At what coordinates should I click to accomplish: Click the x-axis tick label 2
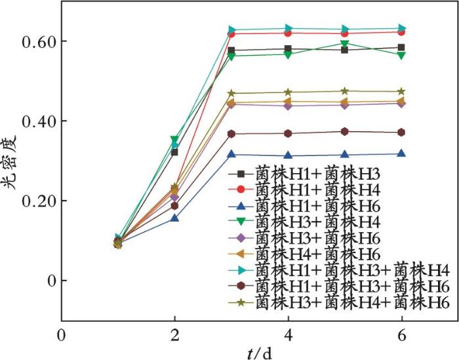coord(174,334)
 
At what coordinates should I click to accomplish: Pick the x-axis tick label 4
coord(288,334)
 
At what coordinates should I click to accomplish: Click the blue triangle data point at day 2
coord(174,218)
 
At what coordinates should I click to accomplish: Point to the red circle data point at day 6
coord(401,32)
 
